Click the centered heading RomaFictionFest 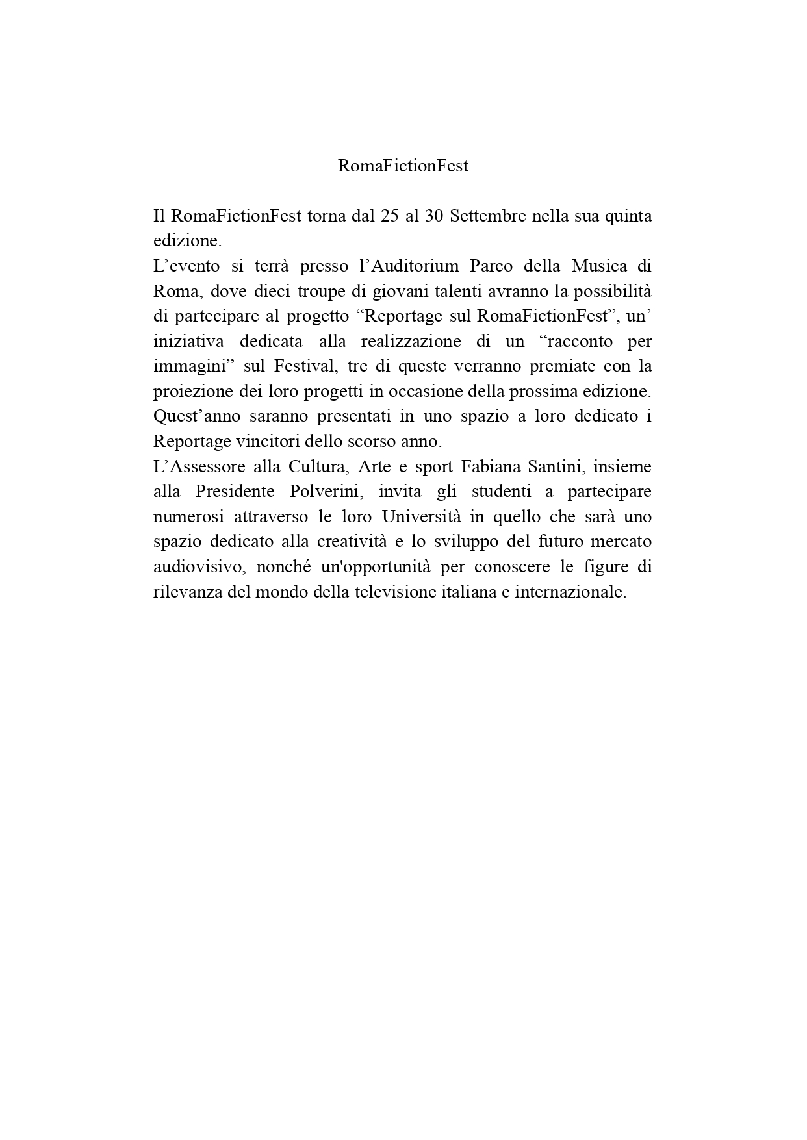pyautogui.click(x=403, y=166)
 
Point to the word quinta pyautogui.click(x=628, y=216)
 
